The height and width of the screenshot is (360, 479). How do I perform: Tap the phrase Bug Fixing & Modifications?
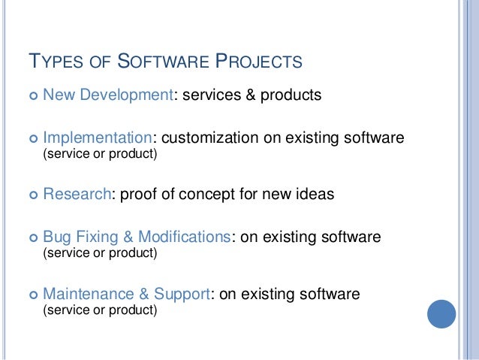point(136,237)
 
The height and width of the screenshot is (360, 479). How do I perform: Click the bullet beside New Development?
point(31,96)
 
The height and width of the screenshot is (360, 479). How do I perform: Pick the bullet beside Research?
point(31,195)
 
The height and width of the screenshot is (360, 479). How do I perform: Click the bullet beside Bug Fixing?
point(31,237)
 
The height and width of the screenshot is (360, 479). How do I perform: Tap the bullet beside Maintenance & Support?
point(31,294)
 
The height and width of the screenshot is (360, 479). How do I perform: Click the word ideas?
point(315,194)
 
